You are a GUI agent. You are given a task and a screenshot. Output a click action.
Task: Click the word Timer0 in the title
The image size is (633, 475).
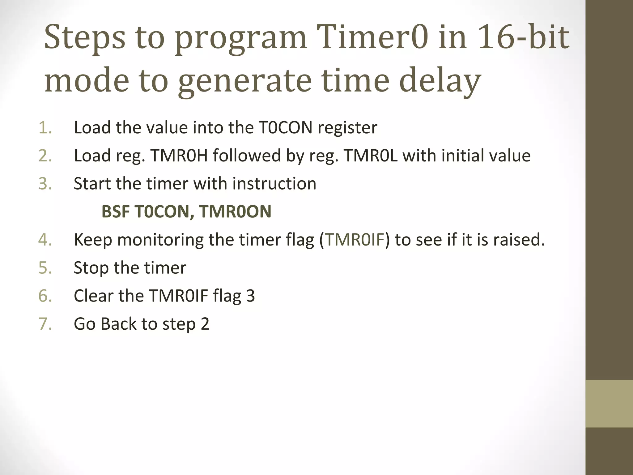pos(372,38)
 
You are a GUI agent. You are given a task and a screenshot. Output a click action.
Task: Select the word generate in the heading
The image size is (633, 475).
pos(244,81)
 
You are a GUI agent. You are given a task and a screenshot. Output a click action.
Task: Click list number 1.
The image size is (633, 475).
pos(45,128)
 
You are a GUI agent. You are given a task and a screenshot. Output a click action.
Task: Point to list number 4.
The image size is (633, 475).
pos(45,240)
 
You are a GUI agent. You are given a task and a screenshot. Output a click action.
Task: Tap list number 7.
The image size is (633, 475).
pos(45,324)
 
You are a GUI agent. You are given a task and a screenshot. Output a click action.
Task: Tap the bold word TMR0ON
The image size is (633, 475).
pos(235,212)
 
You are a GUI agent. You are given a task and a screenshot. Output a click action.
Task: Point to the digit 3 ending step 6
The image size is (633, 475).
pos(250,296)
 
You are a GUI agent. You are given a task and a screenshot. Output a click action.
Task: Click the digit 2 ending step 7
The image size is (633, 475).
pos(205,324)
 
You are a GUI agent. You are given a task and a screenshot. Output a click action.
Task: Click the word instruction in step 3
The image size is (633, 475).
pos(274,184)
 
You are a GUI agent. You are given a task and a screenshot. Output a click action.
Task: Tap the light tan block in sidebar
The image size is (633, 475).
pos(609,404)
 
